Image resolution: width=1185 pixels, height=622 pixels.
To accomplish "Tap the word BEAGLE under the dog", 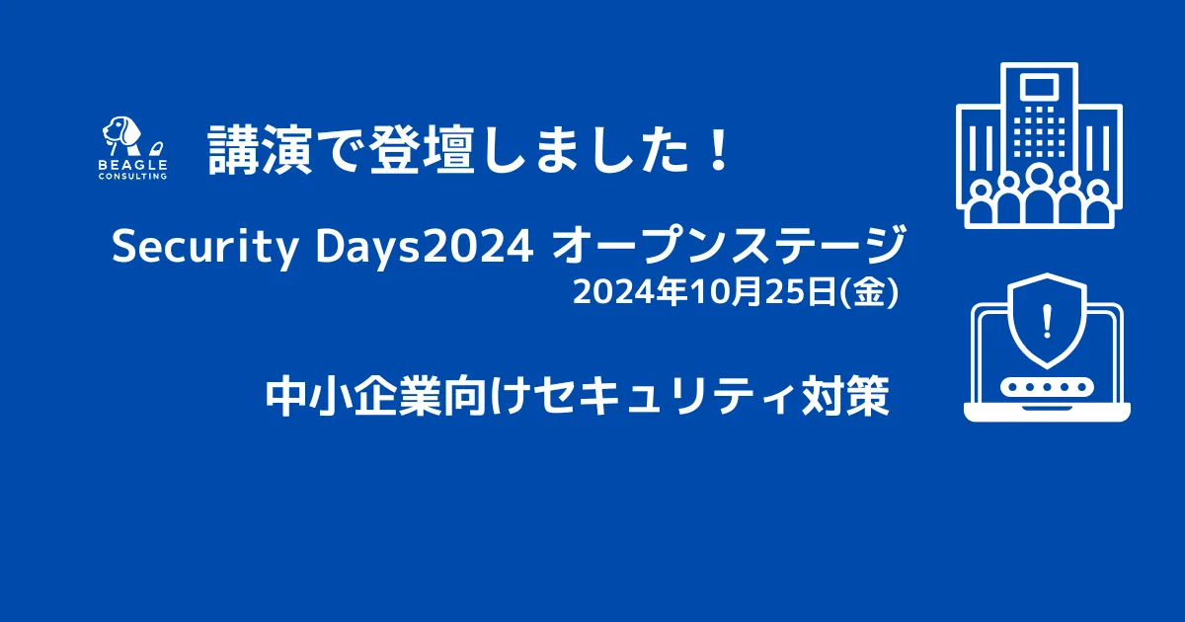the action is pos(132,166).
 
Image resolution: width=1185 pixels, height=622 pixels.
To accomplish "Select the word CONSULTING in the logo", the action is pos(132,176).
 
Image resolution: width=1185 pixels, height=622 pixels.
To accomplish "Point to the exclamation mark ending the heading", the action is pos(719,150).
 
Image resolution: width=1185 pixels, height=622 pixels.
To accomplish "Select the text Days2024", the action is pos(425,248).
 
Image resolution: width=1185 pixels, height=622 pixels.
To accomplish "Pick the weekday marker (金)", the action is pos(869,292).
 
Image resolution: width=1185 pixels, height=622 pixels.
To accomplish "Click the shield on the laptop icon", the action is pos(1047,320).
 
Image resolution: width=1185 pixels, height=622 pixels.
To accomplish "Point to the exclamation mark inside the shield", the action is pos(1047,321).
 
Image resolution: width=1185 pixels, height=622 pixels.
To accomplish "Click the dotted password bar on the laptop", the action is pos(1047,387).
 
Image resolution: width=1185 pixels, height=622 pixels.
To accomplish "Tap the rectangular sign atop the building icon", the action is pos(1040,87).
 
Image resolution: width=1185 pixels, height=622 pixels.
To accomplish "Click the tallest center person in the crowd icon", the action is pos(1040,194).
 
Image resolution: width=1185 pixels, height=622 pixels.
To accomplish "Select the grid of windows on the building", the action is pos(1040,131).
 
